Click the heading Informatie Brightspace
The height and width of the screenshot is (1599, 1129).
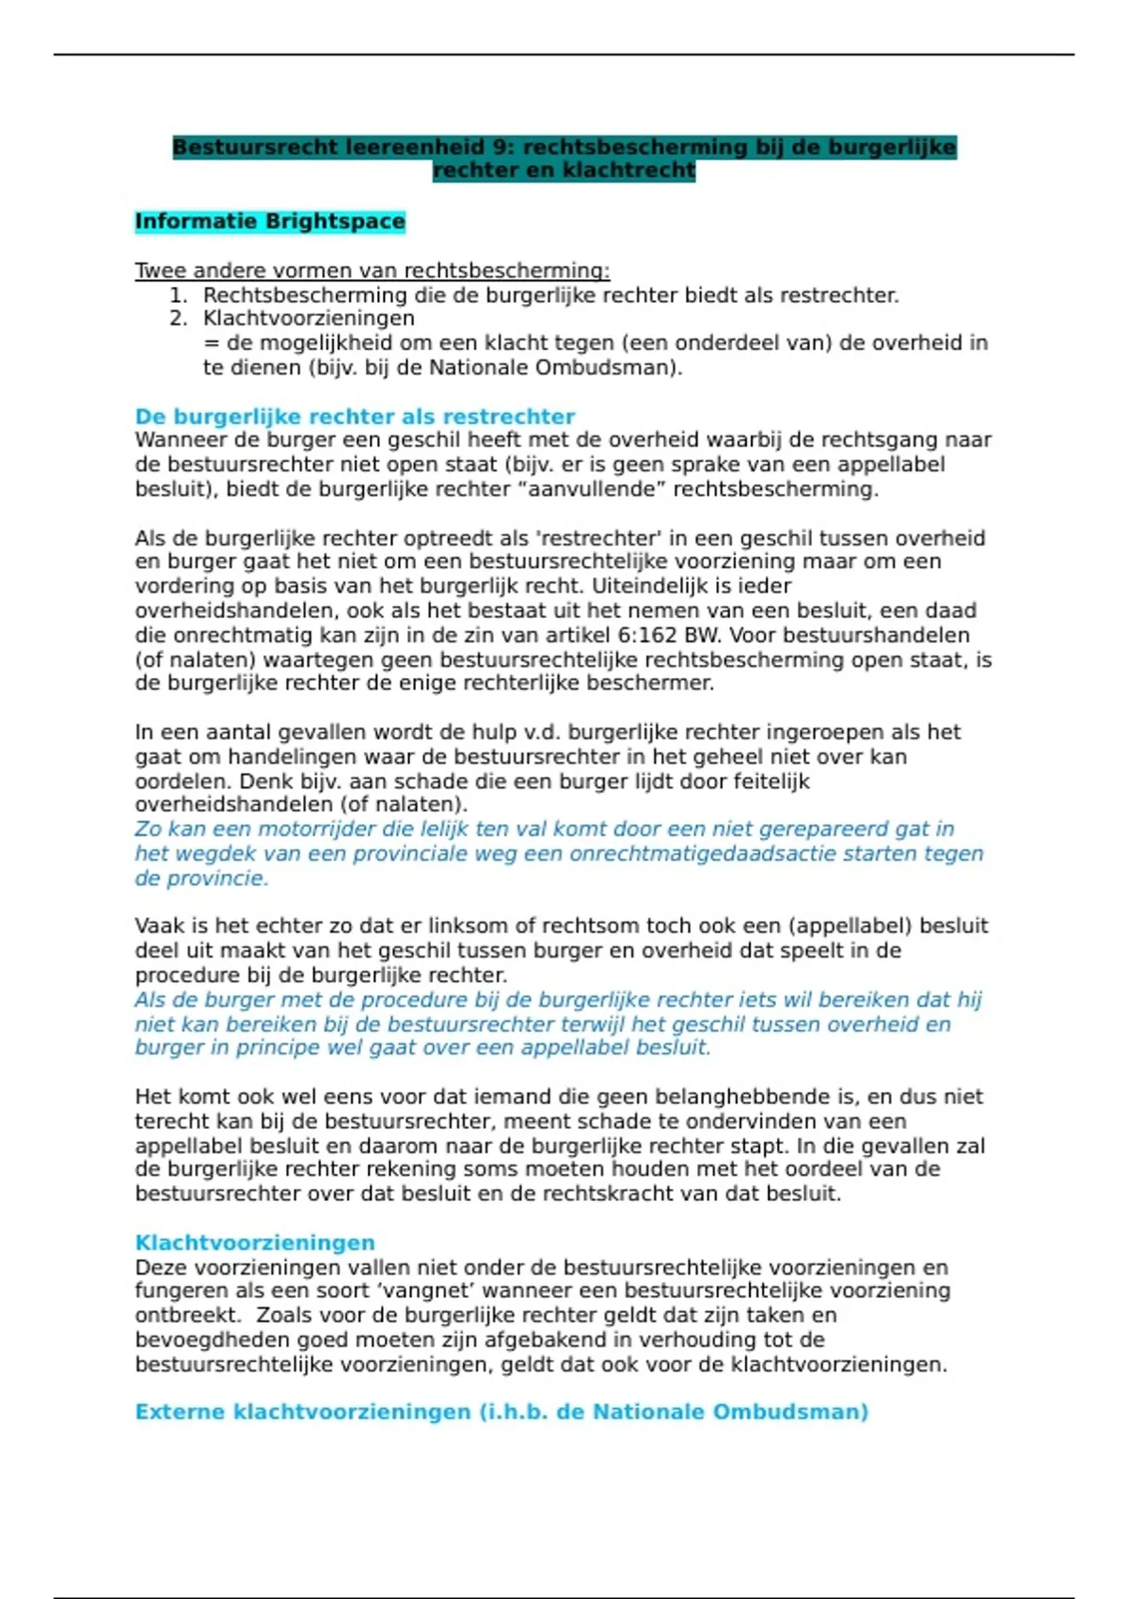pos(269,222)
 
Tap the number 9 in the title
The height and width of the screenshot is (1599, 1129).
pos(502,148)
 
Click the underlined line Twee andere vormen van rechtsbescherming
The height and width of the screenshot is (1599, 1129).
pos(372,271)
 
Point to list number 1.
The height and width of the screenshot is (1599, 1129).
pos(178,295)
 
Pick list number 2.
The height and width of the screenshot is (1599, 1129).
pos(178,319)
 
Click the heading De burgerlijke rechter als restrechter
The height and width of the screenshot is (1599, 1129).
pos(355,417)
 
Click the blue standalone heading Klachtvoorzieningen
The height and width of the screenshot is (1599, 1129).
pos(254,1243)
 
